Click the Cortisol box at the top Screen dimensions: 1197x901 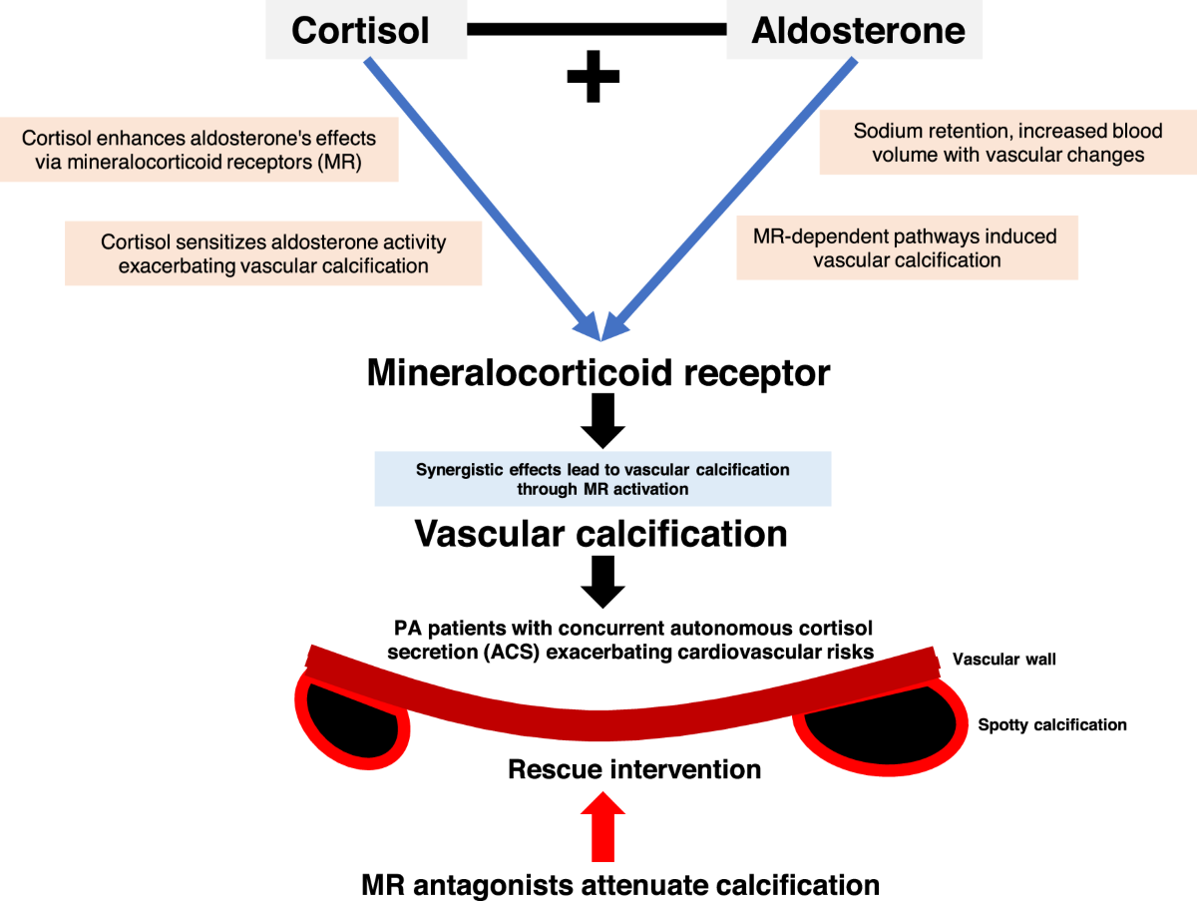(366, 30)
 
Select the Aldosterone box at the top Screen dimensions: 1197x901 (854, 30)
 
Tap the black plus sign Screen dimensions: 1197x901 (593, 76)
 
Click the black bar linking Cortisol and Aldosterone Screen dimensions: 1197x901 (597, 30)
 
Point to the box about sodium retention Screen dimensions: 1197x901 (1007, 143)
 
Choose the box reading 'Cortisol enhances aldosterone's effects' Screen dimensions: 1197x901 (199, 150)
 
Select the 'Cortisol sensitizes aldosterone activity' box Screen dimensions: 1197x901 (273, 253)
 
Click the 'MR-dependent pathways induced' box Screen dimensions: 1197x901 (907, 247)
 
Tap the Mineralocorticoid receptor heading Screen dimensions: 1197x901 (598, 373)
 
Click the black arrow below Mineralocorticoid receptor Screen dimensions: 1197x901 (602, 420)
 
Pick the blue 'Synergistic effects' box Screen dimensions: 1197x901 (602, 478)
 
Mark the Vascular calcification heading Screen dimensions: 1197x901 (600, 533)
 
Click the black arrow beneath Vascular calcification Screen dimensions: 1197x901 (602, 582)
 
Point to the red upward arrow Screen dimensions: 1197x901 (602, 827)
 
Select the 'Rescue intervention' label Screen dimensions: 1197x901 (634, 769)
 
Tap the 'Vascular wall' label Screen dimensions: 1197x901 (1003, 659)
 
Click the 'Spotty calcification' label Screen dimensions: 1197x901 (1052, 724)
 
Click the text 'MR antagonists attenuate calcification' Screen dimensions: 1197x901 (620, 885)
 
